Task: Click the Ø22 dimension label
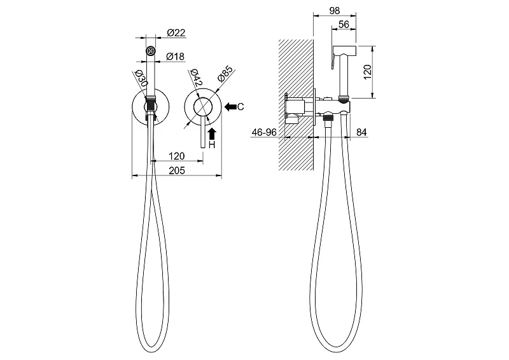pos(176,33)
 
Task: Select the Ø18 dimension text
pos(176,57)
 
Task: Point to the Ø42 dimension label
pos(197,78)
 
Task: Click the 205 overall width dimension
pos(177,170)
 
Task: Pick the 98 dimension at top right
pos(335,11)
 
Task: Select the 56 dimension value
pos(344,24)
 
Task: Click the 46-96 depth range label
pos(264,132)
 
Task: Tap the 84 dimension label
pos(361,132)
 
